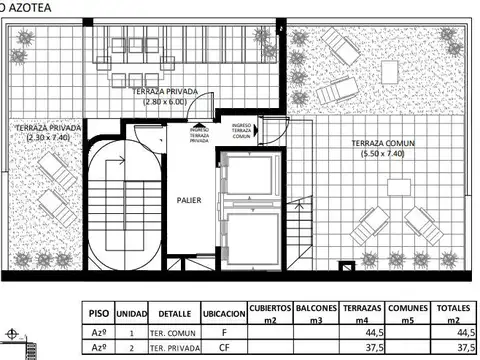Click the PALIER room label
189,200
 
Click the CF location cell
225,348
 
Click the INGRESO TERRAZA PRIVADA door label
199,134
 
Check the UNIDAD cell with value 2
132,348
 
